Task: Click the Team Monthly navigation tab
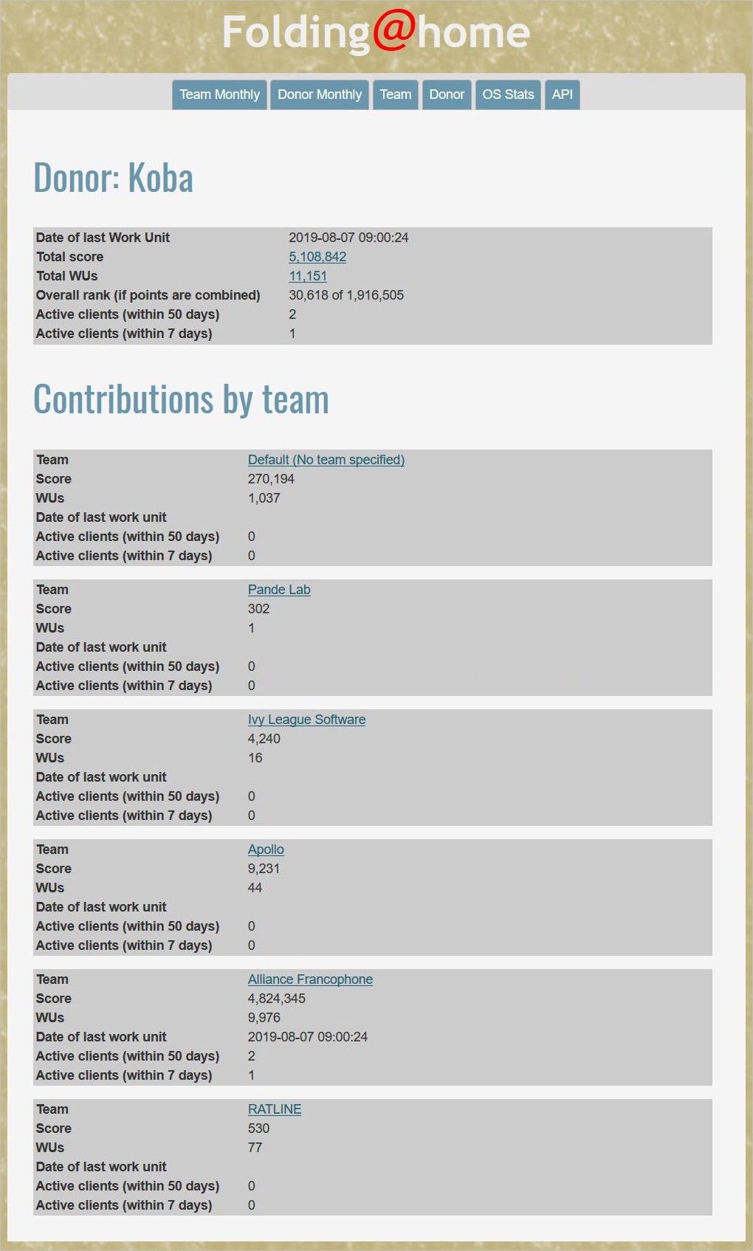tap(219, 94)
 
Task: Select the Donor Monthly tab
tap(320, 94)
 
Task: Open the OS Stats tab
tap(508, 94)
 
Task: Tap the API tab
tap(562, 94)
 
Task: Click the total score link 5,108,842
tap(317, 257)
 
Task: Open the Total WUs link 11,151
tap(308, 276)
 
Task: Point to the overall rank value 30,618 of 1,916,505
tap(346, 295)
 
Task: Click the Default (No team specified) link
tap(326, 460)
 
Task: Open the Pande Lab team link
tap(279, 590)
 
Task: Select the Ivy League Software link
tap(306, 720)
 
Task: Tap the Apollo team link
tap(266, 849)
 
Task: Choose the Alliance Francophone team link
tap(310, 979)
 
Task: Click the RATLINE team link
tap(275, 1109)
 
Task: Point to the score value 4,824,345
tap(277, 999)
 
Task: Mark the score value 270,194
tap(271, 479)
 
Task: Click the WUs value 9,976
tap(264, 1018)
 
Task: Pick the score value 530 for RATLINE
tap(259, 1128)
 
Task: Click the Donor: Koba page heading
tap(114, 178)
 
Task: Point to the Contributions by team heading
tap(181, 399)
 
